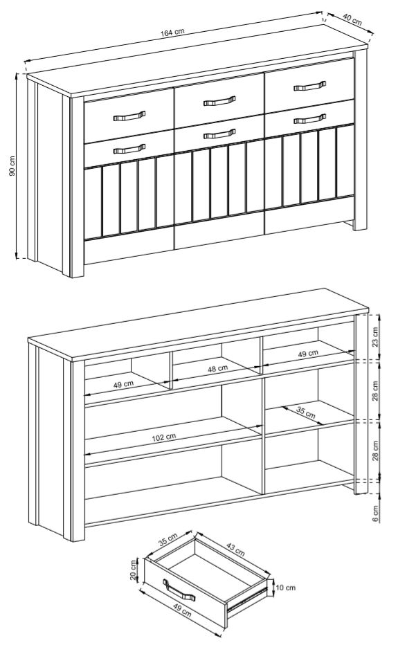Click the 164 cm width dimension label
pyautogui.click(x=172, y=33)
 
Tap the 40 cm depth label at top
pyautogui.click(x=352, y=20)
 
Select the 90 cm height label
pyautogui.click(x=12, y=166)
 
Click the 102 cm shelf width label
pyautogui.click(x=164, y=437)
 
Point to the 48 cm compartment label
pyautogui.click(x=218, y=369)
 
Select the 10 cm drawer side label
pyautogui.click(x=284, y=588)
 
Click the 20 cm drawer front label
pyautogui.click(x=133, y=570)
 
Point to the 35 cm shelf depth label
pyautogui.click(x=306, y=412)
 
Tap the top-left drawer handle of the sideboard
pyautogui.click(x=129, y=116)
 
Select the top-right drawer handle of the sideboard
pyautogui.click(x=310, y=86)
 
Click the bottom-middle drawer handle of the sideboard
pyautogui.click(x=219, y=134)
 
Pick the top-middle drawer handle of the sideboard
pyautogui.click(x=219, y=101)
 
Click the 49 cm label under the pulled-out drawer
pyautogui.click(x=181, y=608)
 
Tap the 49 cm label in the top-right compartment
pyautogui.click(x=308, y=353)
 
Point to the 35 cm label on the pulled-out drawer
pyautogui.click(x=168, y=539)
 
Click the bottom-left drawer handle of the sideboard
pyautogui.click(x=129, y=149)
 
